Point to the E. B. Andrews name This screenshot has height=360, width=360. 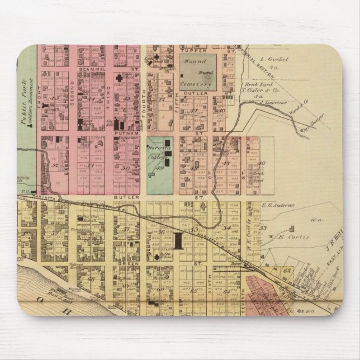(277, 205)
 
